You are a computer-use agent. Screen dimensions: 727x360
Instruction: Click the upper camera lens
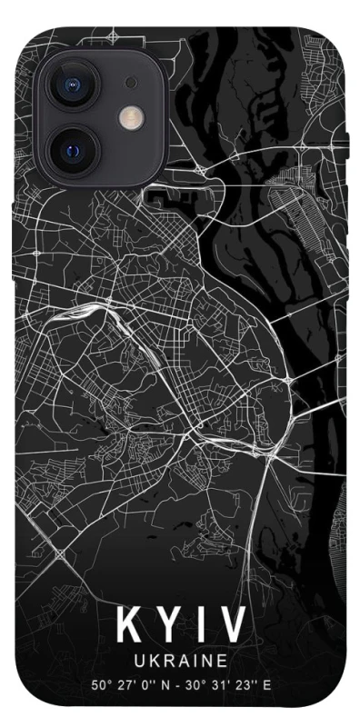pos(73,85)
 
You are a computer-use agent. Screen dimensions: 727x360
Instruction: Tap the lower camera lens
pos(73,145)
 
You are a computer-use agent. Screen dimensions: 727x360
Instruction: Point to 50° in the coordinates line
pos(99,684)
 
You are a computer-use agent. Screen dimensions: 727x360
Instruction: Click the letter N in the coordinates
pos(163,684)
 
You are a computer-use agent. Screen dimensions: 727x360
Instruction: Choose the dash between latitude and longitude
pos(176,684)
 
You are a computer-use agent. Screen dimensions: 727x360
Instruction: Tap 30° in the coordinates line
pos(194,684)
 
